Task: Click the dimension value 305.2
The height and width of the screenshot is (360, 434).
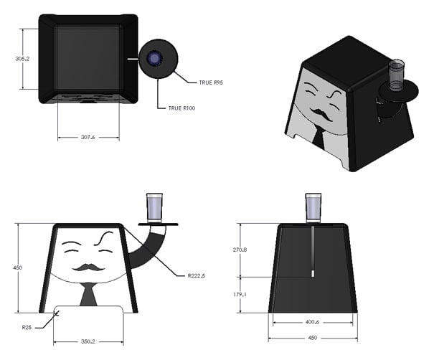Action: (x=22, y=59)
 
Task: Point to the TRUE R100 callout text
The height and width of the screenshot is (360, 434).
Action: (x=182, y=108)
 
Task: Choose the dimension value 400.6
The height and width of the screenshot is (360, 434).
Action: (x=311, y=322)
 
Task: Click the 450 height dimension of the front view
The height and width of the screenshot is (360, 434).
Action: (x=18, y=267)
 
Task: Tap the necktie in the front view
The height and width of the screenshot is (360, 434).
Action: (x=88, y=293)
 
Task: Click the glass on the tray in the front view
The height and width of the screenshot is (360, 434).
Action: (x=156, y=207)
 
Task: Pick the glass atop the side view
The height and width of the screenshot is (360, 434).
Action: (x=313, y=207)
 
